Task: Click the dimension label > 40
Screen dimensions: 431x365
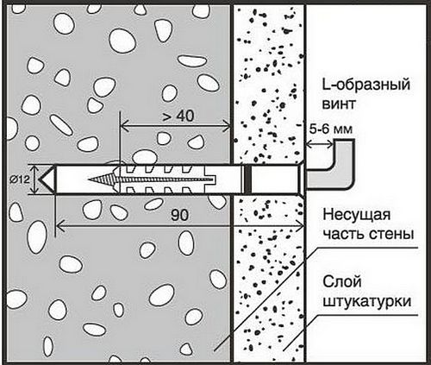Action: (x=178, y=116)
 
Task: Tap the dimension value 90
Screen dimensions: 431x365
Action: (x=180, y=215)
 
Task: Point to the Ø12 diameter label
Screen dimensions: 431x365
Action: (x=20, y=179)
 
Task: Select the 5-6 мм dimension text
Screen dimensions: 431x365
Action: (x=330, y=129)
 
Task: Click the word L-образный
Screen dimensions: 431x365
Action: (x=366, y=85)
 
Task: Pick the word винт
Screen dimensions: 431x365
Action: (x=339, y=104)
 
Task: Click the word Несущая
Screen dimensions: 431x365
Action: (x=356, y=216)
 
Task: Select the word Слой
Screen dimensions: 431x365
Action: (x=342, y=281)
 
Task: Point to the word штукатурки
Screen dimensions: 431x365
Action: (x=367, y=302)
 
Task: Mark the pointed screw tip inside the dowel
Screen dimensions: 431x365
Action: (x=89, y=179)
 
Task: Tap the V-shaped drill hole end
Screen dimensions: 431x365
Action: (x=45, y=179)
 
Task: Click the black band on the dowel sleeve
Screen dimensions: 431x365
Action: (x=249, y=179)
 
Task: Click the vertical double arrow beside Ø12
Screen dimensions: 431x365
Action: (x=34, y=179)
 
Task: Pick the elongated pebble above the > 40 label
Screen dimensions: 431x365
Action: (x=192, y=60)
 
